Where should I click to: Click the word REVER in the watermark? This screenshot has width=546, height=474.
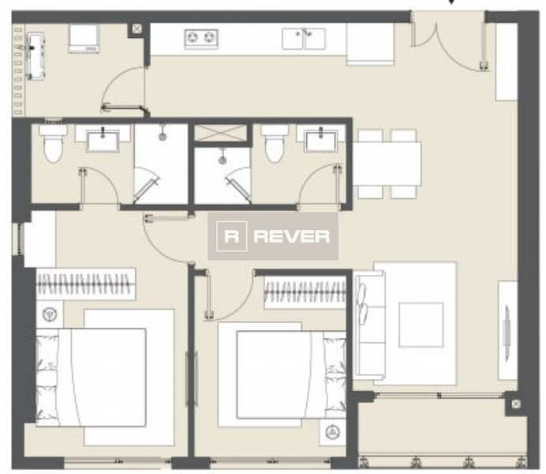click(x=291, y=236)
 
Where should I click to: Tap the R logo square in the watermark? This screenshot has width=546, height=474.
click(x=231, y=236)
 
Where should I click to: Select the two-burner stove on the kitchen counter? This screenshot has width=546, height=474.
click(x=201, y=38)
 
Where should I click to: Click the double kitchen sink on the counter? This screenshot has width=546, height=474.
click(x=304, y=38)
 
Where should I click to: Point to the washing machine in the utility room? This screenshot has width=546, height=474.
click(x=84, y=38)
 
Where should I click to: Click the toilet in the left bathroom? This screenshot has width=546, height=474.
click(x=54, y=144)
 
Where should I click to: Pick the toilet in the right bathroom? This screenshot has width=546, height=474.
click(x=274, y=144)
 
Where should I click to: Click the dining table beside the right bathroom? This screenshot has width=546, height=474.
click(x=387, y=164)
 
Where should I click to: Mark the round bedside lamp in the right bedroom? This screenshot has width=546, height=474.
click(x=331, y=431)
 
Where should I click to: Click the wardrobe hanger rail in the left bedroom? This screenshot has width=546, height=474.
click(x=85, y=282)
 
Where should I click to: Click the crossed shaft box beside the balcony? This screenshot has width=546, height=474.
click(x=515, y=404)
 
